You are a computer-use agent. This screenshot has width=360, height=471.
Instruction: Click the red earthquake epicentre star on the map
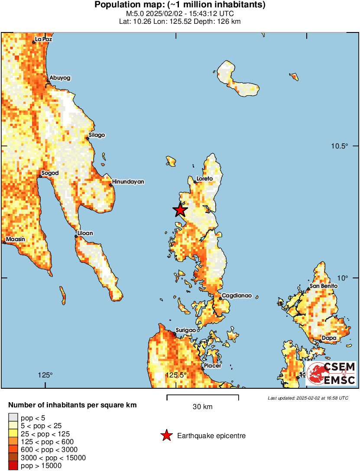180,210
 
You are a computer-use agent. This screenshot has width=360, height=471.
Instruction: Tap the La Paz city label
43,39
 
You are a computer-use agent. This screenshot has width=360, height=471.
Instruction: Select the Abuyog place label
60,78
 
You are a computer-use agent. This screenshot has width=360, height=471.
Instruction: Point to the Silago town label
97,135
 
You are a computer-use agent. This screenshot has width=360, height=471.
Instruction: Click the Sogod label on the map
49,174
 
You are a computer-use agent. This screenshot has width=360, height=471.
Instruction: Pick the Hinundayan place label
128,182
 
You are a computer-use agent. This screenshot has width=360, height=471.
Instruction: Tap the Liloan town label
85,233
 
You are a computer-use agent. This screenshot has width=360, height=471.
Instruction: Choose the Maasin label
16,239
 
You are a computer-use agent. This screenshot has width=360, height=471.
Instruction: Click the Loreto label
204,178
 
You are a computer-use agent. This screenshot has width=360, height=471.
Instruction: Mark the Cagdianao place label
234,297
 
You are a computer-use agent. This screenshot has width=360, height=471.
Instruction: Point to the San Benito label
323,286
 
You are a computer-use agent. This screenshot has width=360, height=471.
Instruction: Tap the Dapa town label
328,338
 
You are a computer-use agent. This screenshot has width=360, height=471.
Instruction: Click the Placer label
212,366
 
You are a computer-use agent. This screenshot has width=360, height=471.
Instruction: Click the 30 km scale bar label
202,407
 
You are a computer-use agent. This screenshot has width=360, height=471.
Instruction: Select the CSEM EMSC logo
331,374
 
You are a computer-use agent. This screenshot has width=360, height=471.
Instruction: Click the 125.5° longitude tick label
178,375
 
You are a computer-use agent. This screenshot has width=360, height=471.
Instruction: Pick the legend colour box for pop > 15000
13,466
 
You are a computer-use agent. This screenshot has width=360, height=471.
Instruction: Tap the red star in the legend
166,436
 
